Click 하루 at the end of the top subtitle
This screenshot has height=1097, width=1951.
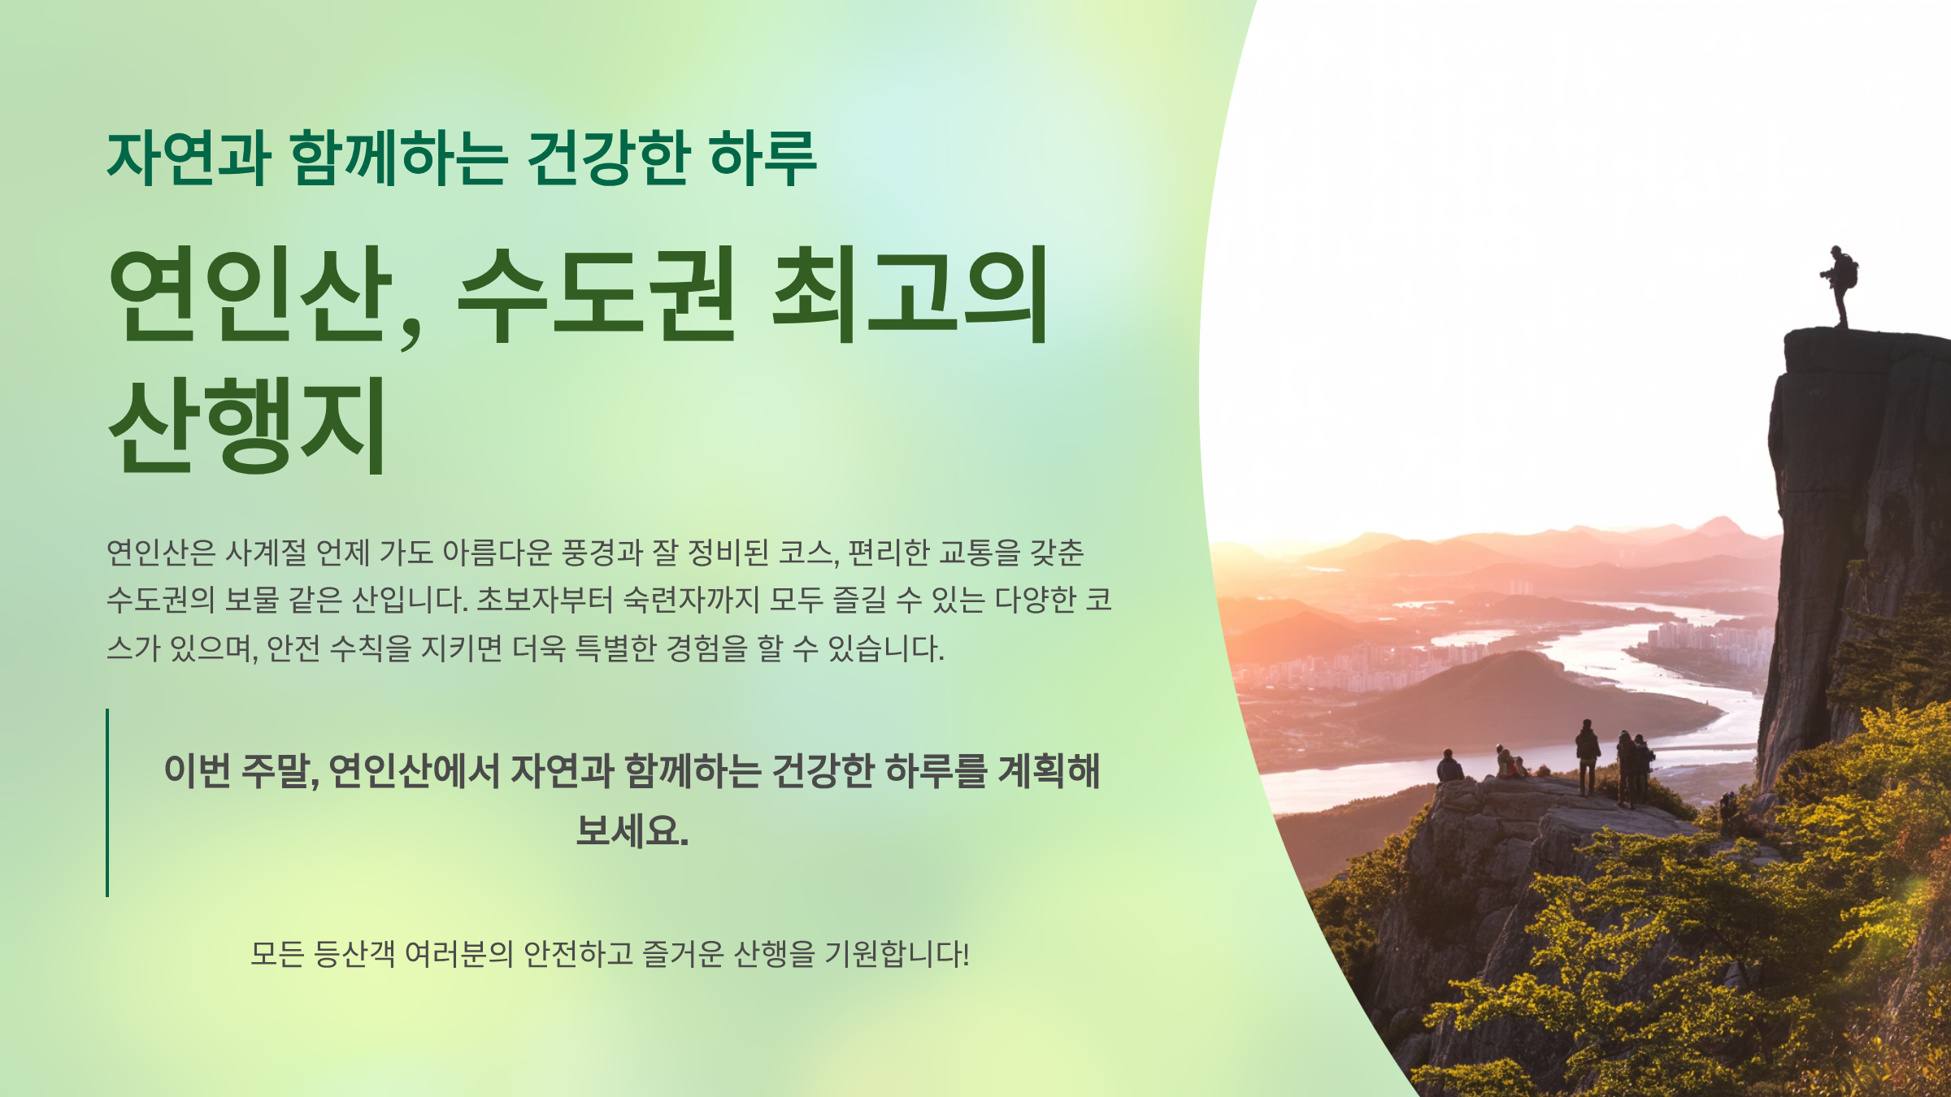[x=763, y=158]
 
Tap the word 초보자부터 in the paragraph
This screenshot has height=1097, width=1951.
[x=544, y=601]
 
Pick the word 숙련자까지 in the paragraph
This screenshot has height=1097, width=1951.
[x=691, y=601]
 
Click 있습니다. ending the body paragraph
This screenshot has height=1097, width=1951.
[x=886, y=648]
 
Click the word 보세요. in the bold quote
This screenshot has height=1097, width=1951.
[x=632, y=830]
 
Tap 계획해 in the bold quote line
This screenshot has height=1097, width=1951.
[x=1049, y=770]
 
